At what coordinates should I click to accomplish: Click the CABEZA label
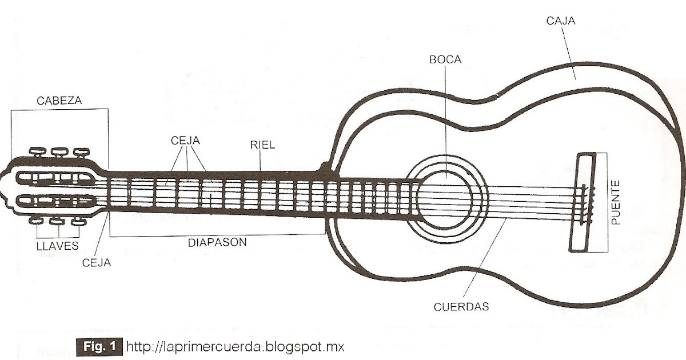(x=59, y=101)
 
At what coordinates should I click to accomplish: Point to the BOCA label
(x=446, y=59)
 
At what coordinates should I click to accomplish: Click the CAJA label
(x=561, y=21)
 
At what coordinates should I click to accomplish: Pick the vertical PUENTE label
(x=616, y=203)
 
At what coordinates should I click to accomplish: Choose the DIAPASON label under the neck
(x=217, y=242)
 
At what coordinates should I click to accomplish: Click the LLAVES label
(x=57, y=247)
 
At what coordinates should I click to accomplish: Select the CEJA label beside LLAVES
(x=97, y=262)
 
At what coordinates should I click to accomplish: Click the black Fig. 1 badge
(x=99, y=346)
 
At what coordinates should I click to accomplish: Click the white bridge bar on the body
(x=580, y=203)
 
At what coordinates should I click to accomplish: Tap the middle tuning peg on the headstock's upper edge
(x=58, y=153)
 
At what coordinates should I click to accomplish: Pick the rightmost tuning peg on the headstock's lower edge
(x=77, y=221)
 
